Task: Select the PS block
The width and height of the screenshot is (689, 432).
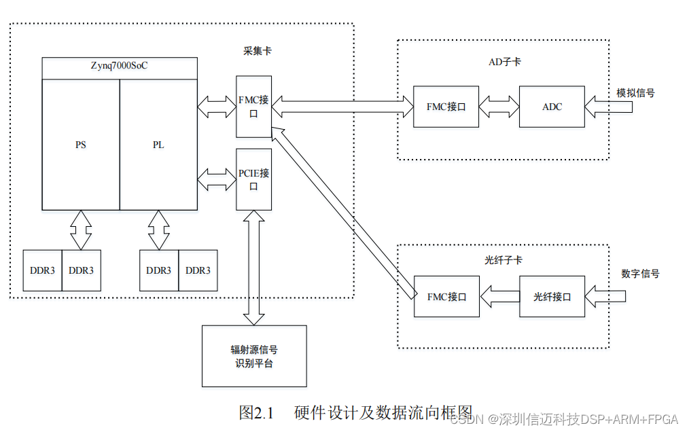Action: click(x=81, y=145)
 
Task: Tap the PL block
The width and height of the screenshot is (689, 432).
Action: click(x=158, y=145)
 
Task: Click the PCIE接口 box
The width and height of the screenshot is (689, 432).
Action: click(x=253, y=179)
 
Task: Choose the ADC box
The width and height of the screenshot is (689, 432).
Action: click(x=552, y=107)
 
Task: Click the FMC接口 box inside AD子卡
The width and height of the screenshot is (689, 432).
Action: click(x=446, y=107)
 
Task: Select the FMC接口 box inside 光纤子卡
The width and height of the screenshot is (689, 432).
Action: click(x=446, y=297)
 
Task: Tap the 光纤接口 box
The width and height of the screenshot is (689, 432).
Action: click(x=552, y=297)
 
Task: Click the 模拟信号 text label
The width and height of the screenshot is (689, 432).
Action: click(x=635, y=93)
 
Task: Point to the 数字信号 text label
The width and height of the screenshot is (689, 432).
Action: click(x=640, y=274)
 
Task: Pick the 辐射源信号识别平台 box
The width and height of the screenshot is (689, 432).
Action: click(x=254, y=357)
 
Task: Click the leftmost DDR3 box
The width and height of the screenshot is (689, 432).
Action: click(x=42, y=270)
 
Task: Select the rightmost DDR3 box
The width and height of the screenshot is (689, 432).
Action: click(x=198, y=270)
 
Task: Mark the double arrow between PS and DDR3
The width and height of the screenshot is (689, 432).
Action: click(x=81, y=230)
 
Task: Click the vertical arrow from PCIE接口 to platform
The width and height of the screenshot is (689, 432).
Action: click(x=254, y=268)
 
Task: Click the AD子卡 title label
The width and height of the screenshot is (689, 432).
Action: click(x=505, y=62)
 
